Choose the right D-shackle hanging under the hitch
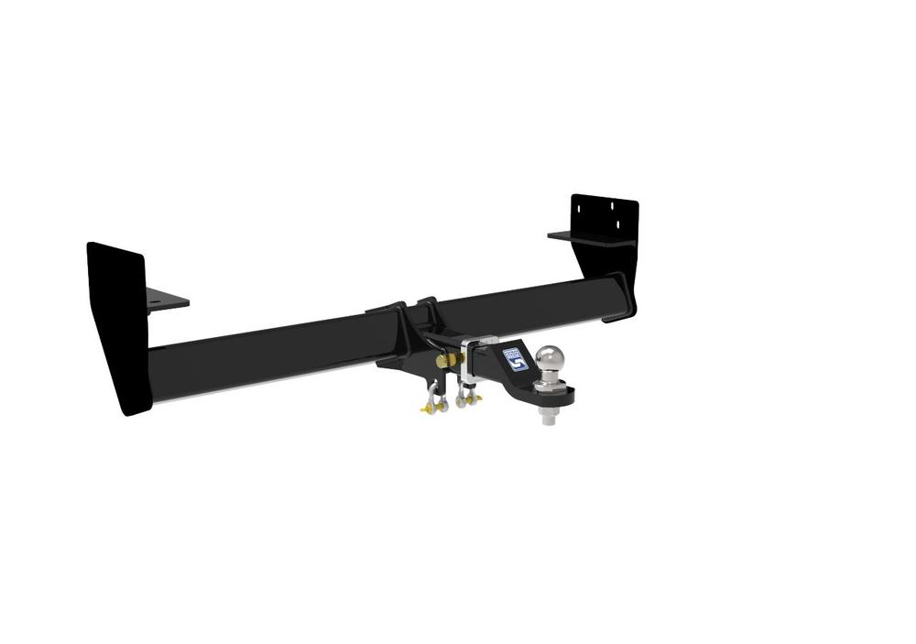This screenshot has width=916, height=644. pos(465,395)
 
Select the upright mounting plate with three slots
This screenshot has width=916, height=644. pos(604,220)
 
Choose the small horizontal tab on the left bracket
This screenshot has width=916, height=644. pos(166,300)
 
